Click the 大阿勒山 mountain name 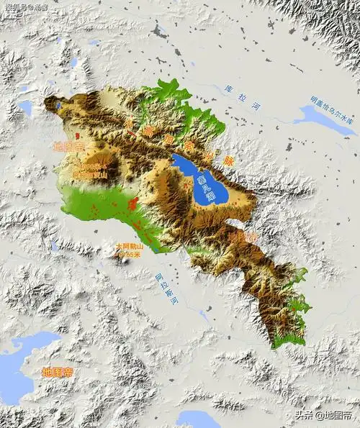point(130,245)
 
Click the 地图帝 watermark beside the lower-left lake point(58,372)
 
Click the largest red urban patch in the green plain point(132,209)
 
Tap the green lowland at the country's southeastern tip point(288,338)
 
